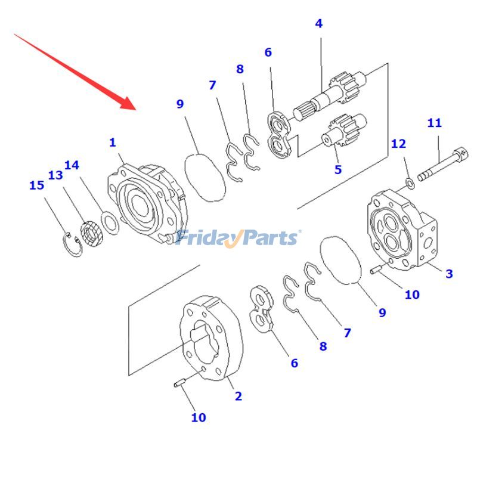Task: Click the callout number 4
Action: (x=319, y=24)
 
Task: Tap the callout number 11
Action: (x=435, y=123)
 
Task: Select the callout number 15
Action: (x=36, y=185)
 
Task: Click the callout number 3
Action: (x=449, y=274)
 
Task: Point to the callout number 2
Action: (x=238, y=396)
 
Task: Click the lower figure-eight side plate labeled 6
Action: (x=261, y=308)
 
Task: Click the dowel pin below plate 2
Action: (x=182, y=382)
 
